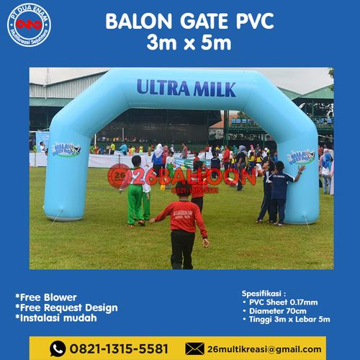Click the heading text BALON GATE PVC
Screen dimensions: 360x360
point(189,22)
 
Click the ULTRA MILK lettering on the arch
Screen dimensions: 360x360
point(186,89)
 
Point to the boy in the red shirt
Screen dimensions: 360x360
point(182,223)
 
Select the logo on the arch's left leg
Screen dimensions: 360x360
point(66,149)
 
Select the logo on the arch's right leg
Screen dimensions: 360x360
point(301,156)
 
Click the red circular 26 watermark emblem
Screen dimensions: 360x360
point(119,175)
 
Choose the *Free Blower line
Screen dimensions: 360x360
point(46,297)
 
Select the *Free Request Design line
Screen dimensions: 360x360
point(66,307)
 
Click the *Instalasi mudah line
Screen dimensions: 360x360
point(57,318)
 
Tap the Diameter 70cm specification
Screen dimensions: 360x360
point(279,311)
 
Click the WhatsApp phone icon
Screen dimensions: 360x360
point(58,348)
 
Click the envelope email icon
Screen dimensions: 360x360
point(194,348)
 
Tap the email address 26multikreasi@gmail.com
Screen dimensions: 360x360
point(264,348)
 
